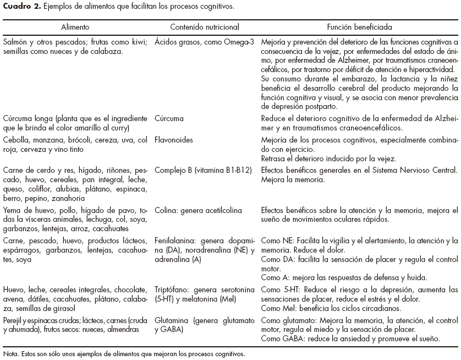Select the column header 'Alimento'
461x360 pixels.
pyautogui.click(x=76, y=26)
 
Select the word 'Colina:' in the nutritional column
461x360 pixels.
pyautogui.click(x=168, y=210)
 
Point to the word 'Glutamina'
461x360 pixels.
pyautogui.click(x=173, y=320)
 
